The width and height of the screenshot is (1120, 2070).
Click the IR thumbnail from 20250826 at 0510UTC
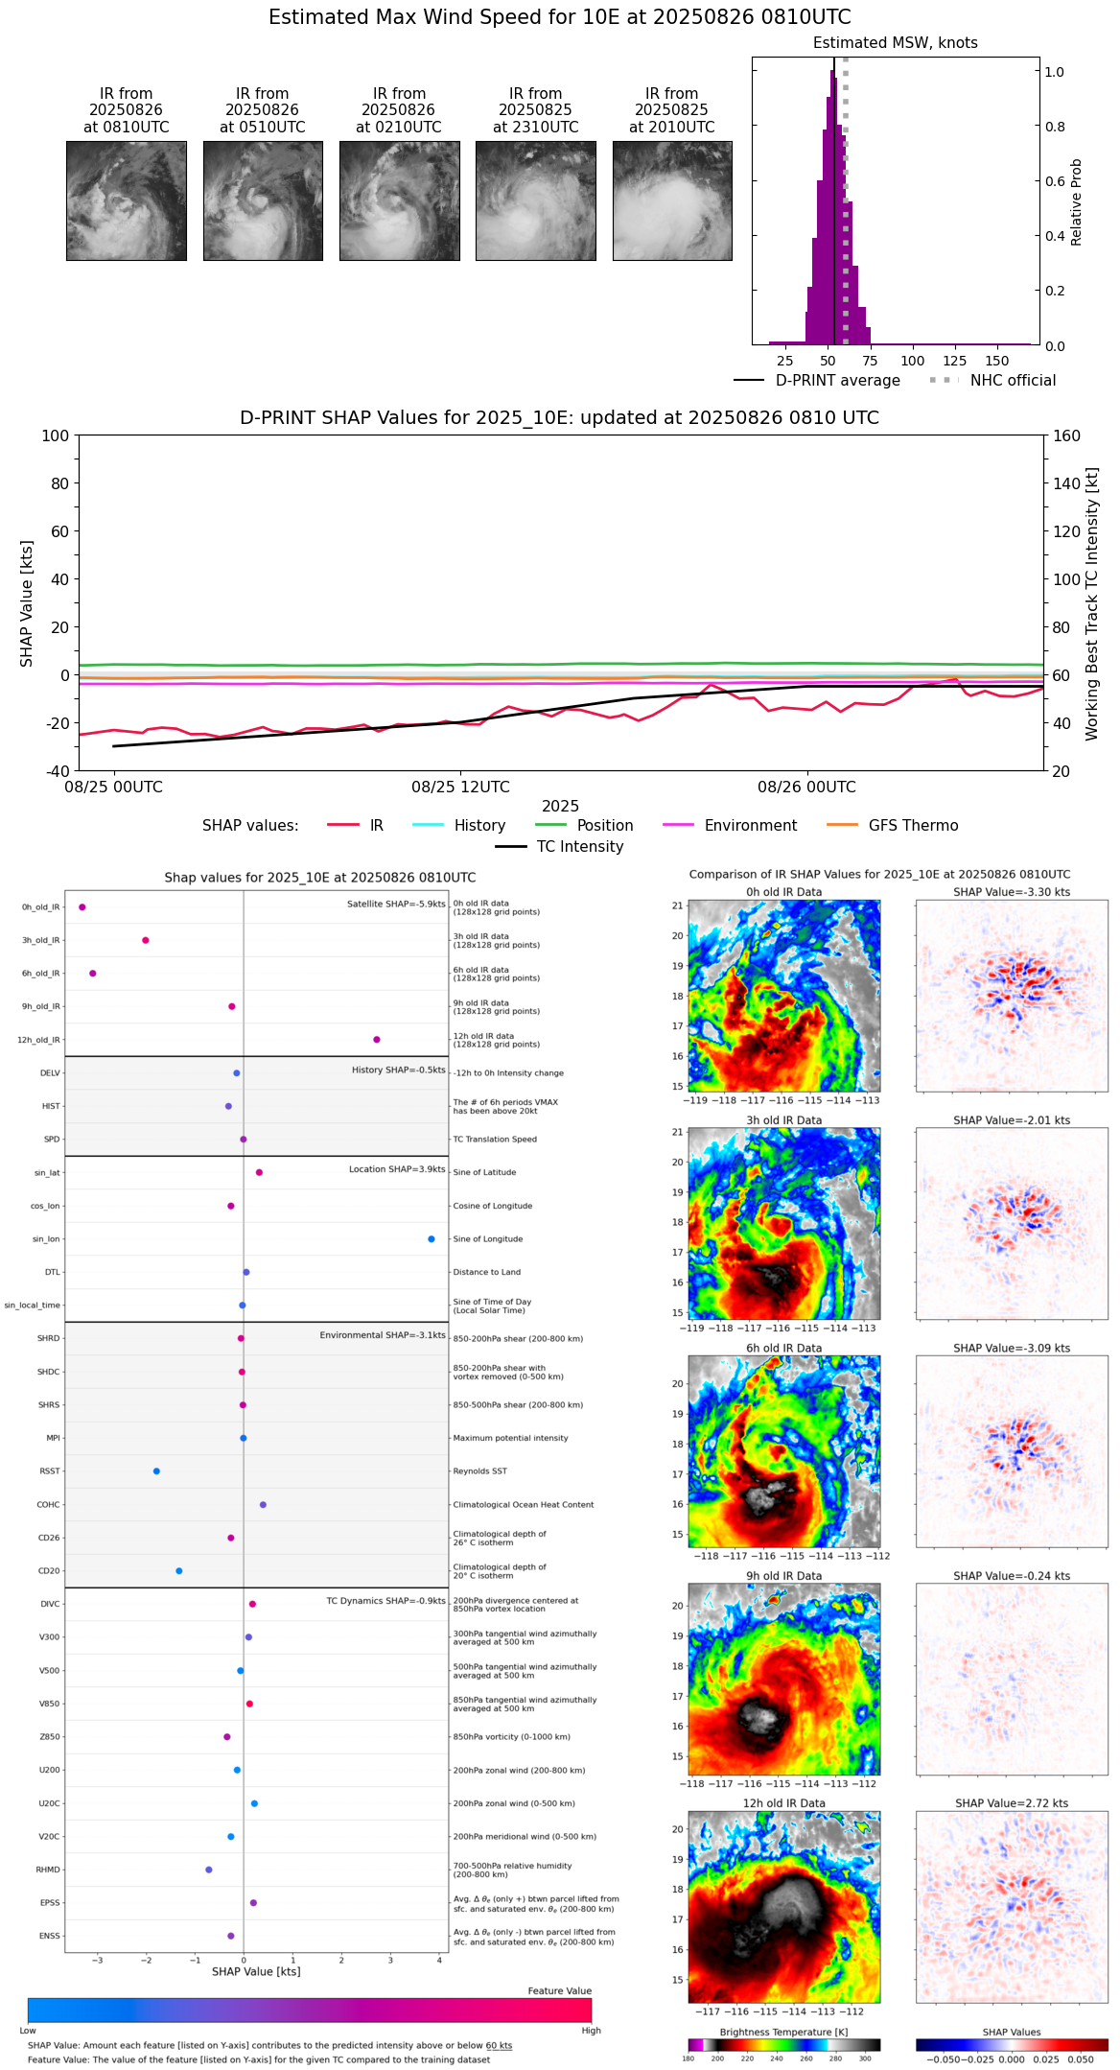pyautogui.click(x=263, y=200)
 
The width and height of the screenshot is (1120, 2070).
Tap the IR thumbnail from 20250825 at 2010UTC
pyautogui.click(x=672, y=200)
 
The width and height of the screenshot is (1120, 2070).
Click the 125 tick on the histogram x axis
pyautogui.click(x=955, y=361)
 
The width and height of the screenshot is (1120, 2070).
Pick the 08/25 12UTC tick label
pyautogui.click(x=460, y=788)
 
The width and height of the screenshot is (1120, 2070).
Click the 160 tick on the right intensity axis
pyautogui.click(x=1066, y=435)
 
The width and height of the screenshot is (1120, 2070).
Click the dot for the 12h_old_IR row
pyautogui.click(x=377, y=1040)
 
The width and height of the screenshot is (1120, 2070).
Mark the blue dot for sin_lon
pyautogui.click(x=432, y=1239)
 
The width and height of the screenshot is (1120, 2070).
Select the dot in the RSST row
pyautogui.click(x=156, y=1471)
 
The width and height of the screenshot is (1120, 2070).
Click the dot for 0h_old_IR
pyautogui.click(x=82, y=907)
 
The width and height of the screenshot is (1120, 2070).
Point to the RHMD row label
pyautogui.click(x=48, y=1870)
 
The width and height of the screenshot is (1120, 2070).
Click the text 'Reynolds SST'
pyautogui.click(x=479, y=1471)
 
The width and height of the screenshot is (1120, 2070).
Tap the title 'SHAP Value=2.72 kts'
pyautogui.click(x=1012, y=1803)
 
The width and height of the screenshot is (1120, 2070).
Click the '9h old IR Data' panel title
pyautogui.click(x=783, y=1576)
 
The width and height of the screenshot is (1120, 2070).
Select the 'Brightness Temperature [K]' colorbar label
pyautogui.click(x=783, y=2032)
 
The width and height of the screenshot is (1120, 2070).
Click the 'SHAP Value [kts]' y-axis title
pyautogui.click(x=27, y=603)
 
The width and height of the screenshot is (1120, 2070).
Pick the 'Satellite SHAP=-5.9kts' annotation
pyautogui.click(x=396, y=904)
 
